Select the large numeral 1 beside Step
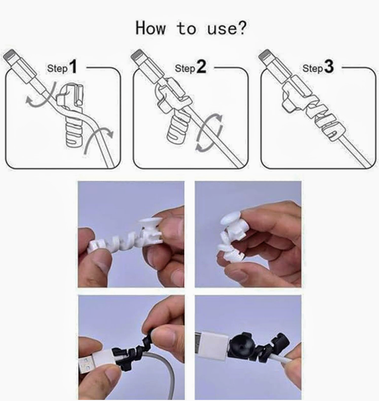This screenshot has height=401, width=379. click(73, 67)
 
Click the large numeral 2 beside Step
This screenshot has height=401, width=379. click(201, 67)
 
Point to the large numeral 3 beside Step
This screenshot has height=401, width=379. click(329, 67)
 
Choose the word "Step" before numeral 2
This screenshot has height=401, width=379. click(185, 69)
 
